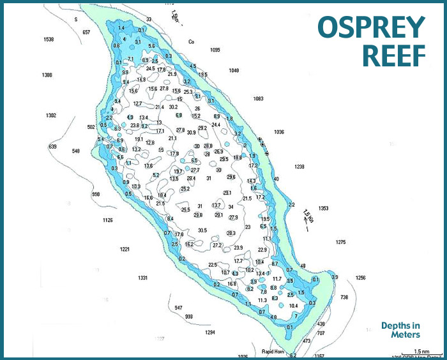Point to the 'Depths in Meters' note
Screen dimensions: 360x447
pos(400,329)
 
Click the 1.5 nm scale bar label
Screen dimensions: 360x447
pos(421,352)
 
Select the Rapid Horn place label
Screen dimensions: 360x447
pos(272,351)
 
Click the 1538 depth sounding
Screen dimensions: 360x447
pos(49,40)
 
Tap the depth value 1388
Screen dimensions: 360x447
pos(47,75)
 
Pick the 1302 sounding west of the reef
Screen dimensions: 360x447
pos(51,116)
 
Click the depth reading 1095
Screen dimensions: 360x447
pos(215,49)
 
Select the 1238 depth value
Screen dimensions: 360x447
pos(299,167)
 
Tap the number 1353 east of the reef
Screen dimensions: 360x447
pos(323,208)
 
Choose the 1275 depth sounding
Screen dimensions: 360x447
pos(340,242)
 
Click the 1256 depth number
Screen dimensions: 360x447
pos(361,278)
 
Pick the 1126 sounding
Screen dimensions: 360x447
pos(107,220)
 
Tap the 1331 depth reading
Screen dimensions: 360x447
pos(143,278)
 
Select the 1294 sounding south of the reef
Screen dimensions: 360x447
pos(209,333)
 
